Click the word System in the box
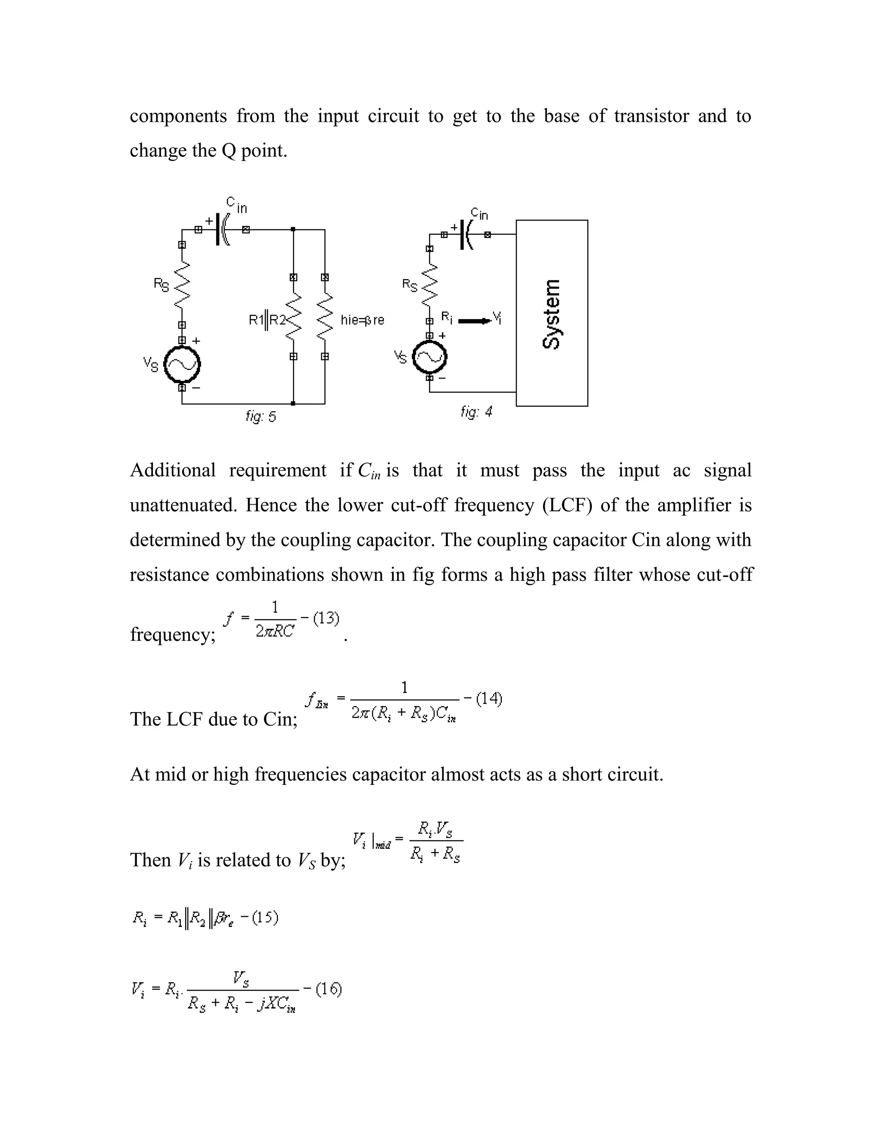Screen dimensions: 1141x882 click(x=551, y=314)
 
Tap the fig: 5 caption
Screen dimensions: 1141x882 click(x=261, y=416)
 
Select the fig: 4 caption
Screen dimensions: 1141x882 click(x=476, y=412)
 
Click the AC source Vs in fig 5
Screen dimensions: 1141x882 click(x=182, y=365)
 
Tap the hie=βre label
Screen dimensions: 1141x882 click(x=362, y=320)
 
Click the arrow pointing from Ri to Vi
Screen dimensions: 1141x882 click(x=475, y=320)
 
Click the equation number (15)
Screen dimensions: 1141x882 click(x=264, y=918)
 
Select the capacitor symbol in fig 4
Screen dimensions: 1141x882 click(x=466, y=235)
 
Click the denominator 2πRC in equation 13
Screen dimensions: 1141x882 click(x=275, y=632)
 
